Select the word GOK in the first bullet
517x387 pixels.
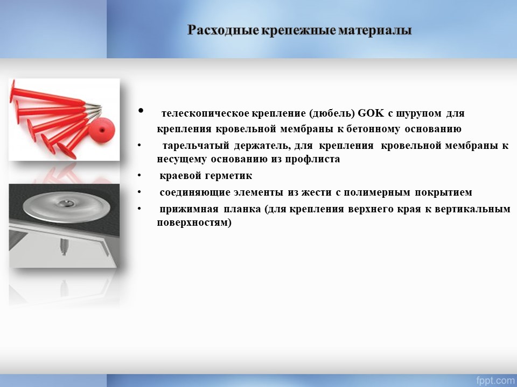371,113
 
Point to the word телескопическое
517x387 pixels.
205,113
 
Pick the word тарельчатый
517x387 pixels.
196,146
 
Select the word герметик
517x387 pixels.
228,175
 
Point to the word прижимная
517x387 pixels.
189,209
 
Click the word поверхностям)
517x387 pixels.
194,223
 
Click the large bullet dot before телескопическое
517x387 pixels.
141,110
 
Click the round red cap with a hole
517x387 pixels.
102,131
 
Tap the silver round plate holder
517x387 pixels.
66,206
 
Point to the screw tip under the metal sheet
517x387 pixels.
64,253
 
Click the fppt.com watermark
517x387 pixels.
495,380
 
